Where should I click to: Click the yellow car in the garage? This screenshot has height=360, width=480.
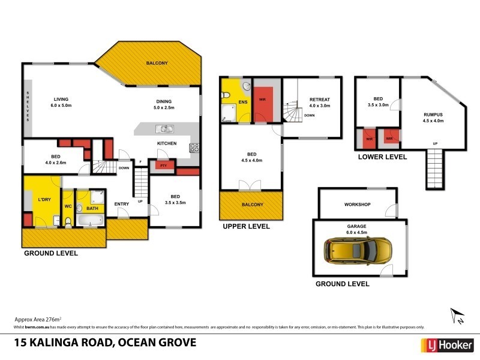tap(357, 251)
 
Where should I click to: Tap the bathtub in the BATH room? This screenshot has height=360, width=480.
tap(92, 222)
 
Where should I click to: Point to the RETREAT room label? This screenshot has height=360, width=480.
tap(319, 100)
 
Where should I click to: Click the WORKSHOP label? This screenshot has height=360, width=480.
tap(357, 205)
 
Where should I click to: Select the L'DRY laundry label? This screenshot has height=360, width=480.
tap(44, 199)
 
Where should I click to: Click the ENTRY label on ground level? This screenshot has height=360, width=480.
tap(122, 204)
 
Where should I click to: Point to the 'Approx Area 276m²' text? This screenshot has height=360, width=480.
tap(37, 320)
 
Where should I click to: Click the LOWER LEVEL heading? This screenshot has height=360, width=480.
tap(382, 157)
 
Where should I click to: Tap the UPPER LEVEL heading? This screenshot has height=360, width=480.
tap(246, 227)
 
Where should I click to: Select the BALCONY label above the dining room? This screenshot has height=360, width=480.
tap(157, 63)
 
